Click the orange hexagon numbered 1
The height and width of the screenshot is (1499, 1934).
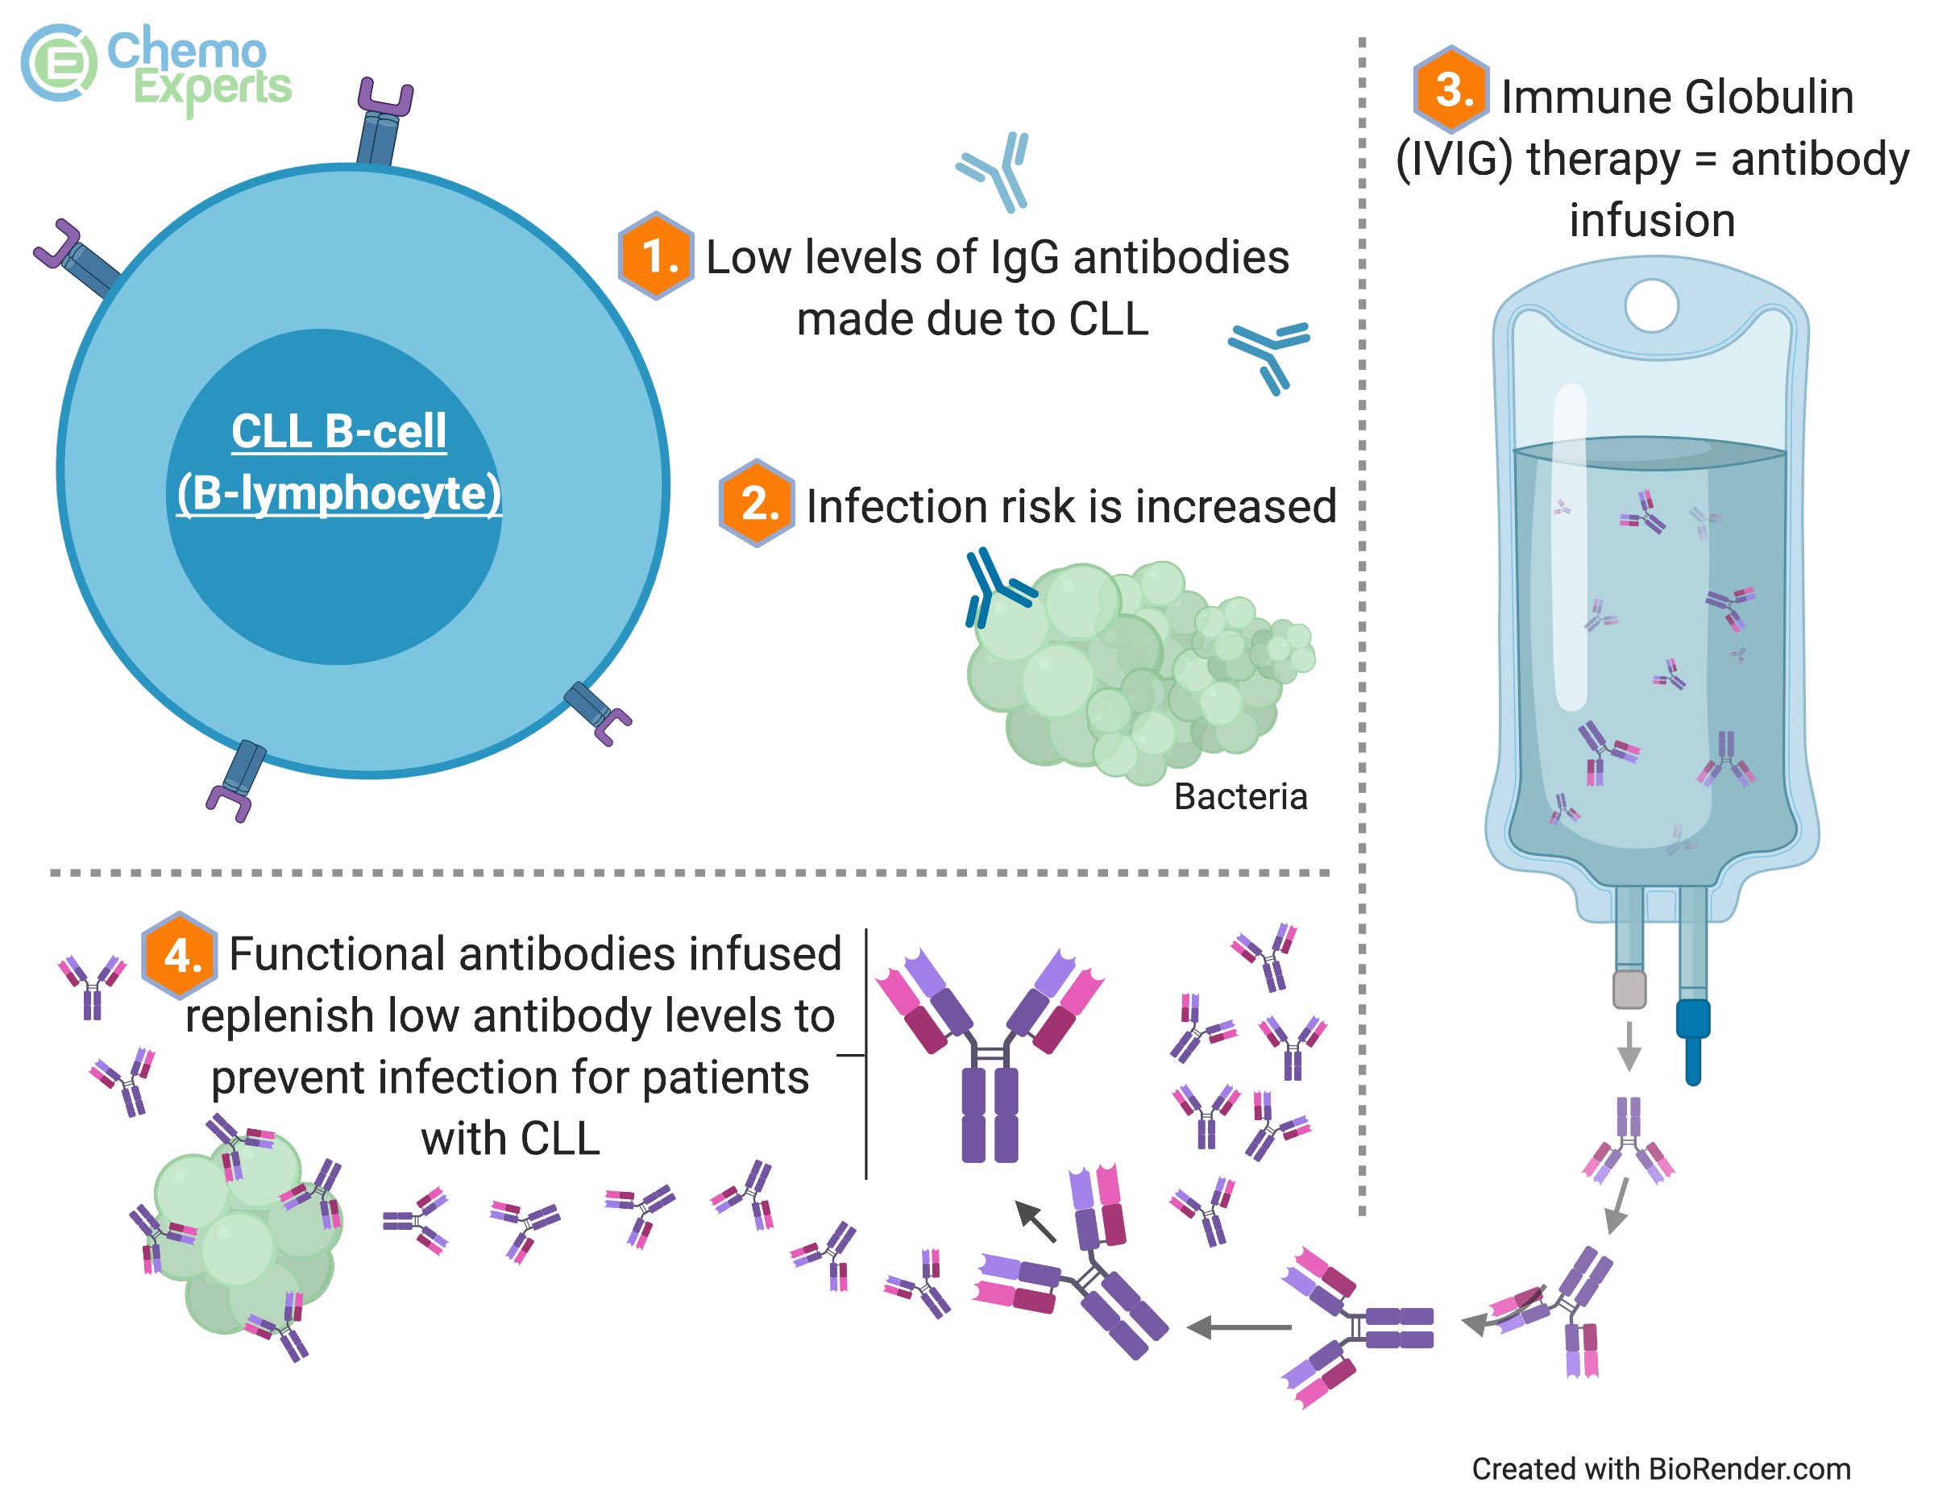pos(655,256)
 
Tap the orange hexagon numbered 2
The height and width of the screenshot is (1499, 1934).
pos(755,503)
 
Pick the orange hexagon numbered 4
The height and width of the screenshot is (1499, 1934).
pos(181,955)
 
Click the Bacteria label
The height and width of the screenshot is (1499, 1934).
pos(1239,797)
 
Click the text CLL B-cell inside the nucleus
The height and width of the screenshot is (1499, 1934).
pos(338,432)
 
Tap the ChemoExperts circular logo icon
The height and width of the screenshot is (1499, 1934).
pos(59,62)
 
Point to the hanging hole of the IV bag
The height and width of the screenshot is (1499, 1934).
pos(1650,306)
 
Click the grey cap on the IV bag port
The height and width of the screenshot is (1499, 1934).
pos(1629,989)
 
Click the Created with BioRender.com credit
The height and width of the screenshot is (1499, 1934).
pos(1660,1469)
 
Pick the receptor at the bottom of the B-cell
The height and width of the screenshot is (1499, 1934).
pos(236,779)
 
